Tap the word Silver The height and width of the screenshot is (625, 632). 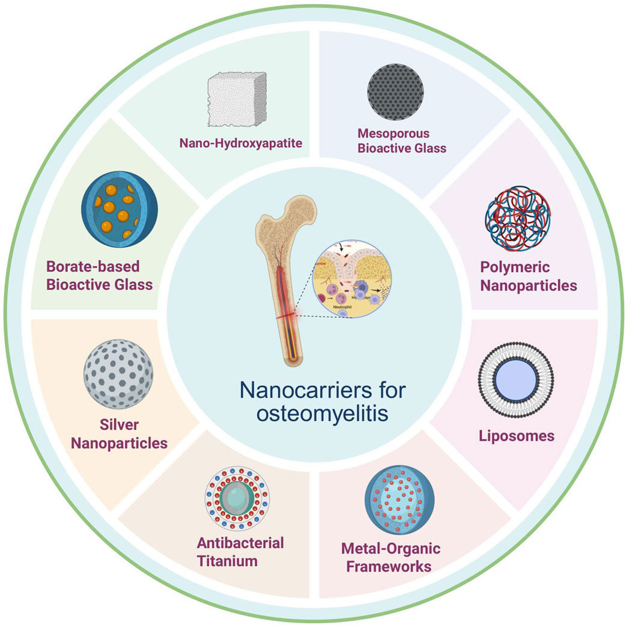click(120, 425)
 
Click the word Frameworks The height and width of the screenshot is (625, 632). click(390, 566)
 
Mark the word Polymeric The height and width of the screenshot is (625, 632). click(516, 267)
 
